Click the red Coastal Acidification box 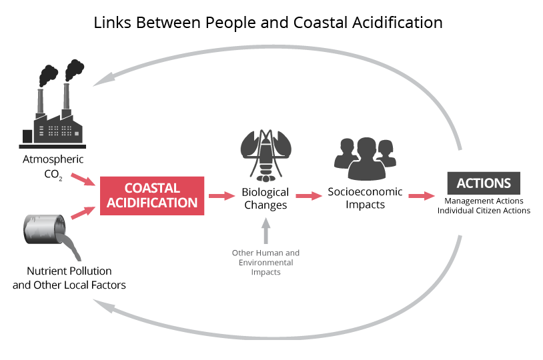pyautogui.click(x=151, y=195)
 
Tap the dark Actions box pyautogui.click(x=484, y=183)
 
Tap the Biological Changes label pyautogui.click(x=265, y=199)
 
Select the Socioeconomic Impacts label pyautogui.click(x=365, y=198)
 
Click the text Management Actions pyautogui.click(x=484, y=201)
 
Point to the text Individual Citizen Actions pyautogui.click(x=484, y=211)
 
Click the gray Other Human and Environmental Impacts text pyautogui.click(x=265, y=263)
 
